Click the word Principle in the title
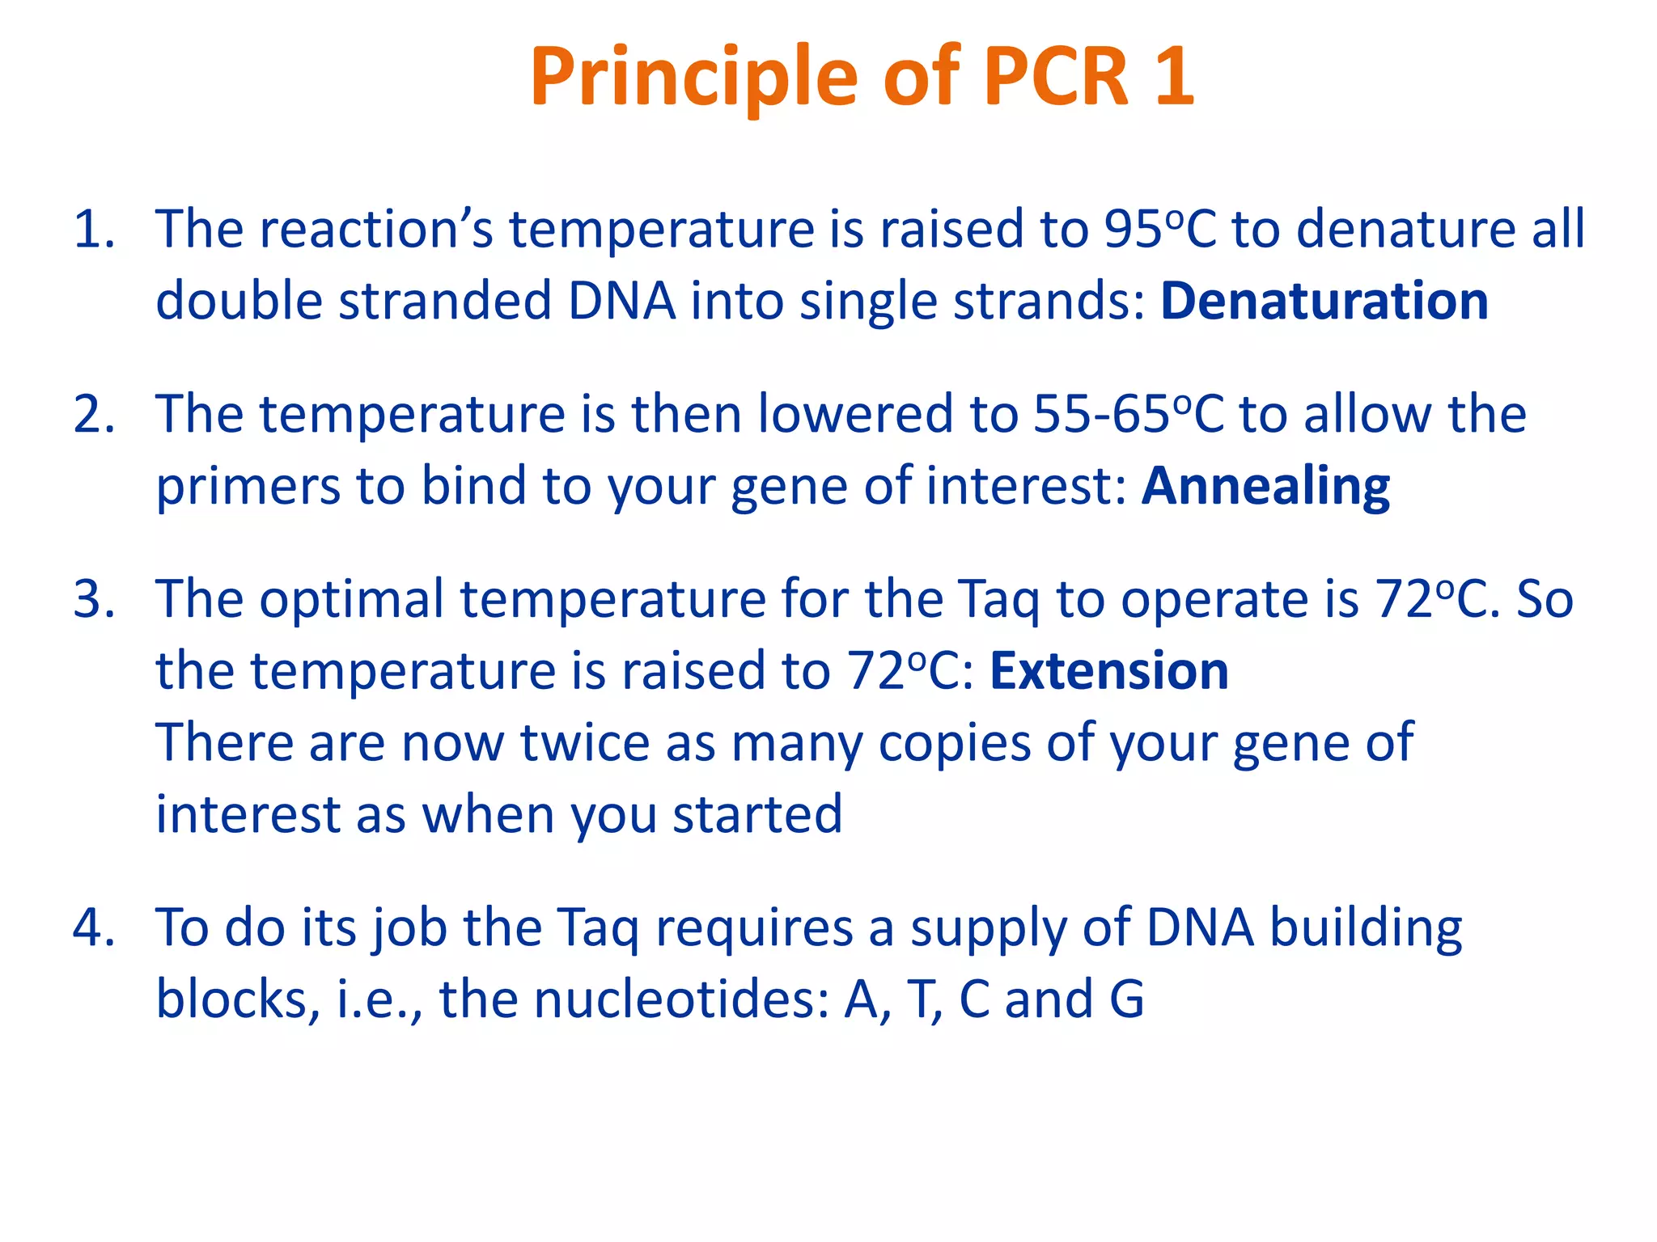pos(693,77)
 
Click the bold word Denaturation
pos(1324,301)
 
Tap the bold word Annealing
pos(1265,486)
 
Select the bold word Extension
pos(1109,671)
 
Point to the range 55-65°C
pos(1129,415)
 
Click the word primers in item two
pos(247,488)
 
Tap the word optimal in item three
pos(351,600)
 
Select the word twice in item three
pos(584,742)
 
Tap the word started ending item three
pos(757,814)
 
